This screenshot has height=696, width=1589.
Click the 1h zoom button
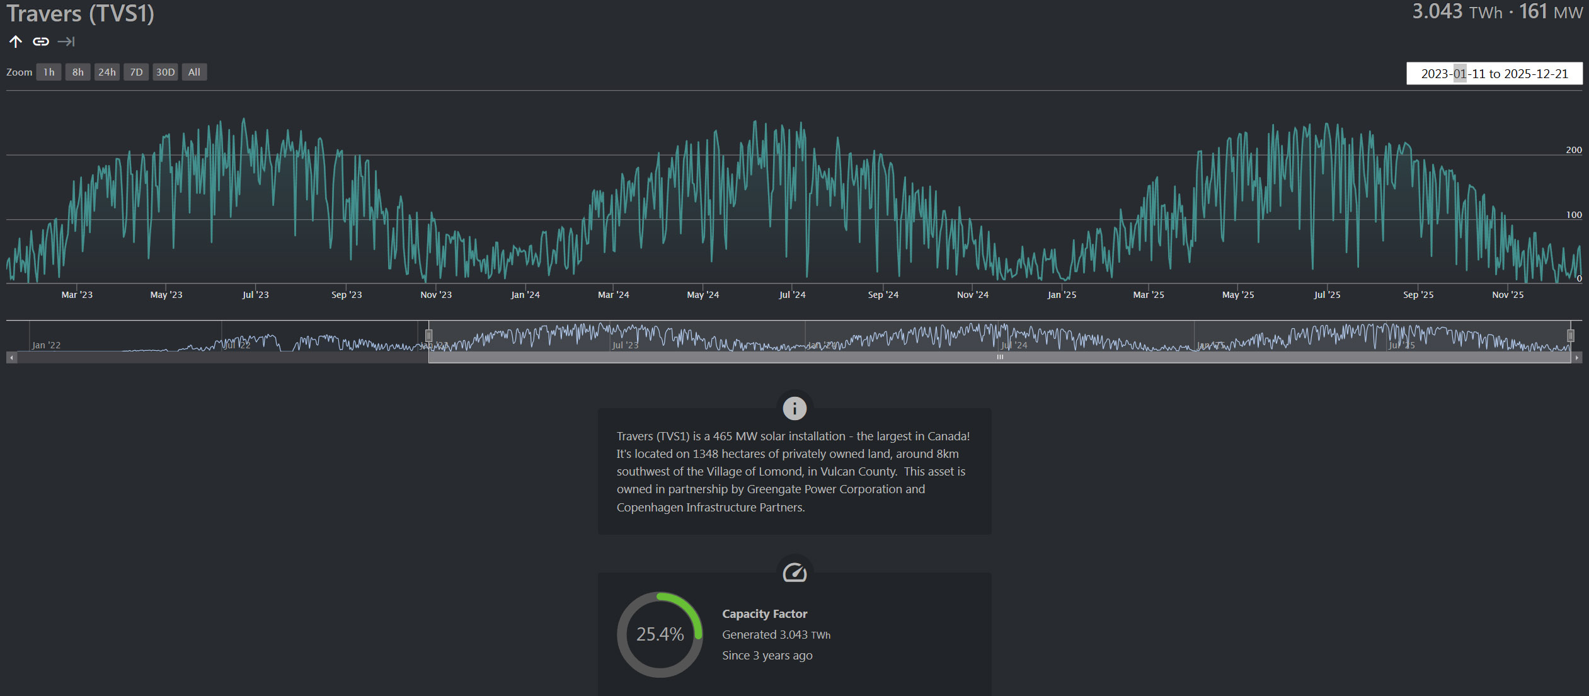(x=49, y=72)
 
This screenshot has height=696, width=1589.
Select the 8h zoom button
(x=78, y=72)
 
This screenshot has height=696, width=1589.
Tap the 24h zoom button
(x=107, y=72)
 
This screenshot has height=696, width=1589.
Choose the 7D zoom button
(x=136, y=72)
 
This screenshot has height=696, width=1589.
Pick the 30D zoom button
(x=165, y=72)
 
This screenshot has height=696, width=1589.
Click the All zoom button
(x=194, y=72)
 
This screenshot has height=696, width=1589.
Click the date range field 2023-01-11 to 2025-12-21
(x=1494, y=74)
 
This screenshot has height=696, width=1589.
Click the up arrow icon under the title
(x=16, y=42)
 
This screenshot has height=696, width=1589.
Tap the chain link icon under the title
(x=41, y=42)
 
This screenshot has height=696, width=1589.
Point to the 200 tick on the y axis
(x=1573, y=150)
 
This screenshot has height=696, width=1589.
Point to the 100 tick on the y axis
(x=1573, y=215)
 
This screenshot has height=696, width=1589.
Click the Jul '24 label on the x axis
(x=792, y=295)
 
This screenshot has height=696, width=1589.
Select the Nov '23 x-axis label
(x=436, y=295)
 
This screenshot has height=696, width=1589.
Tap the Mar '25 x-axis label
(x=1148, y=295)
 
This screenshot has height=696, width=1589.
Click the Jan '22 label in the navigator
(x=46, y=345)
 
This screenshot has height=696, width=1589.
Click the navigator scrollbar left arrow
(x=11, y=358)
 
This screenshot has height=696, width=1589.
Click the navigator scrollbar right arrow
(x=1577, y=358)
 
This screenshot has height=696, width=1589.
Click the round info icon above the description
(x=794, y=408)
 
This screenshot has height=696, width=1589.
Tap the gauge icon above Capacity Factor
(x=794, y=573)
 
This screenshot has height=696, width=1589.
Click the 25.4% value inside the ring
(x=660, y=634)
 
